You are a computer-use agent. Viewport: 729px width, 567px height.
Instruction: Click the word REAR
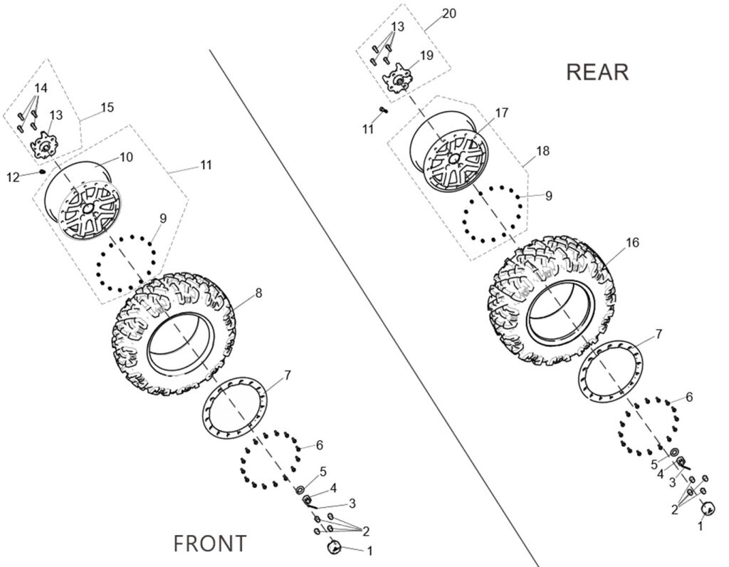pyautogui.click(x=597, y=72)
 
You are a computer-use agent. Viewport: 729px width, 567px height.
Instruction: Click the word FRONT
pyautogui.click(x=210, y=543)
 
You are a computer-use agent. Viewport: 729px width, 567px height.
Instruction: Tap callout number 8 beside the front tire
pyautogui.click(x=258, y=292)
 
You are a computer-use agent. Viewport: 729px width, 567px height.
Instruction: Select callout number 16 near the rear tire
pyautogui.click(x=632, y=243)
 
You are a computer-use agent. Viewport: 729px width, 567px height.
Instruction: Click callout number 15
pyautogui.click(x=107, y=108)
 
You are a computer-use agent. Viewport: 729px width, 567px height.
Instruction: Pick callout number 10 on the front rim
pyautogui.click(x=126, y=156)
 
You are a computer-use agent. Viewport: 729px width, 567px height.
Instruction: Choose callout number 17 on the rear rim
pyautogui.click(x=502, y=113)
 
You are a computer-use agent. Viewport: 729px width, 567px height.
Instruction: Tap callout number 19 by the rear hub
pyautogui.click(x=426, y=55)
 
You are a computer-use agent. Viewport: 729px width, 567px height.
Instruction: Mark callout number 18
pyautogui.click(x=543, y=152)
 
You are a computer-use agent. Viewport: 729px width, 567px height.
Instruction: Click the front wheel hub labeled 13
pyautogui.click(x=46, y=147)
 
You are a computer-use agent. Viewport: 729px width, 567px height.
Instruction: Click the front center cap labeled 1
pyautogui.click(x=332, y=547)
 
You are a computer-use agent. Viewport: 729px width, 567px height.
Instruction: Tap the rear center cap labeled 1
pyautogui.click(x=708, y=509)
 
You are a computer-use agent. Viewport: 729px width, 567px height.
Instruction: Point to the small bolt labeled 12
pyautogui.click(x=43, y=172)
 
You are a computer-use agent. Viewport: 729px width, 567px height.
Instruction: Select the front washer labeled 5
pyautogui.click(x=300, y=489)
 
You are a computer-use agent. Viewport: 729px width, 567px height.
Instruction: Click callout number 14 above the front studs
pyautogui.click(x=41, y=88)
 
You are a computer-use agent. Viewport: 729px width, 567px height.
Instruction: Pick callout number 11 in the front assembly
pyautogui.click(x=206, y=165)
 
